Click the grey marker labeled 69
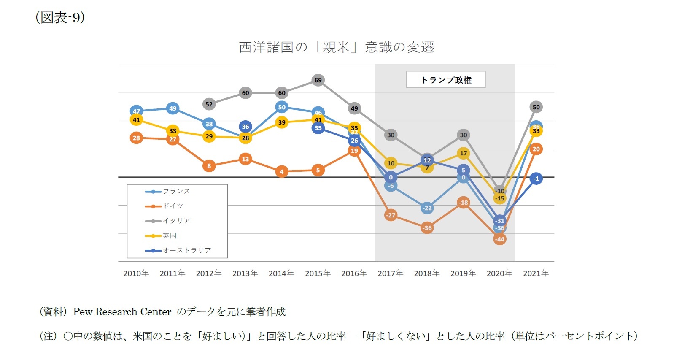tap(318, 80)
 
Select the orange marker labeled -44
tap(499, 239)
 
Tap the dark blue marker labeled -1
tap(536, 179)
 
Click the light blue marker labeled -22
tap(427, 208)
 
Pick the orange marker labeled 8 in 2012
tap(209, 166)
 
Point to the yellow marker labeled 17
tap(463, 153)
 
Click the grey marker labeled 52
tap(209, 104)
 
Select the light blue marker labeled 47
tap(136, 111)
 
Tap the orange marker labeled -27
tap(391, 215)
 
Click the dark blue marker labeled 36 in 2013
tap(245, 126)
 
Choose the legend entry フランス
tap(176, 192)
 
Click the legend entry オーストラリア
tap(186, 250)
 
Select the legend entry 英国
tap(169, 235)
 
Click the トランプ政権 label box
tap(446, 80)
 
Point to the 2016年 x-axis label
tap(354, 273)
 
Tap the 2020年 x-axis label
tap(499, 273)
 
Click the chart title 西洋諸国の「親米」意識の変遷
tap(336, 47)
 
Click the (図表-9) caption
tap(60, 17)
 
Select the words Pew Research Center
tap(122, 312)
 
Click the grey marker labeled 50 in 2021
tap(536, 107)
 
